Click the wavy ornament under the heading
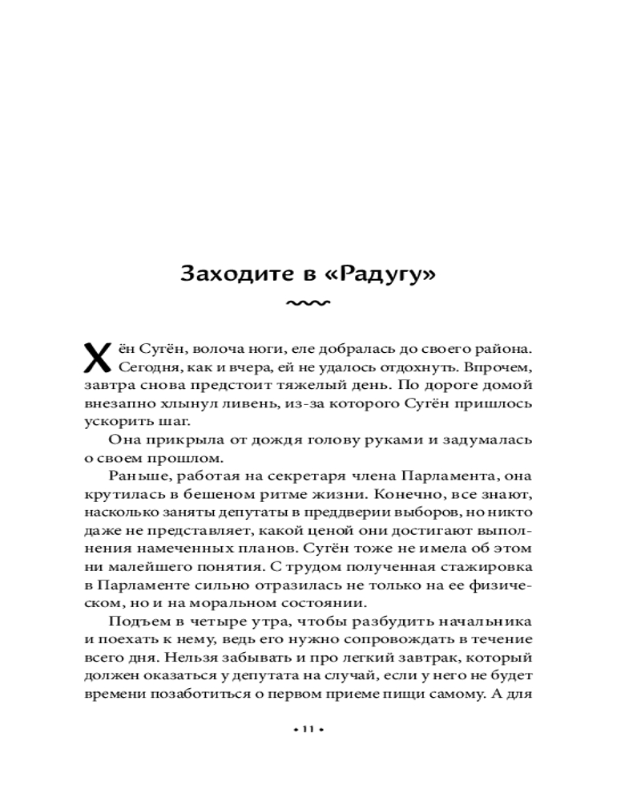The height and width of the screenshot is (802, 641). coord(308,304)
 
